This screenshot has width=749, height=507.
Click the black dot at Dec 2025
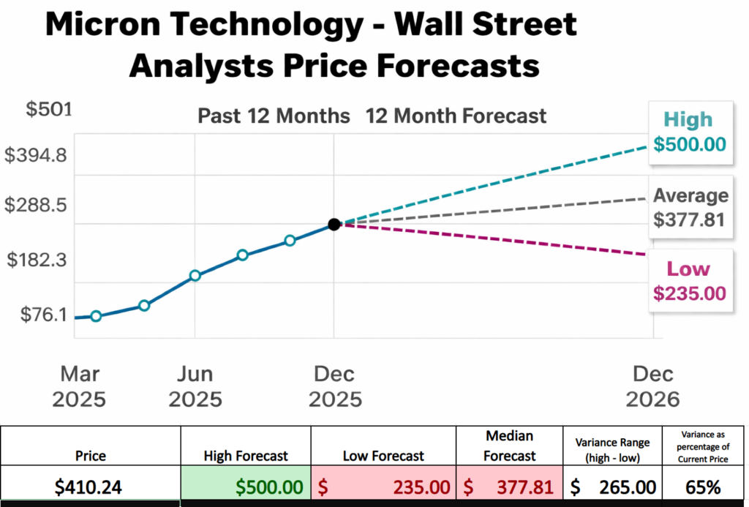click(x=334, y=225)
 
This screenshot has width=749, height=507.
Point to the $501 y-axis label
click(x=48, y=110)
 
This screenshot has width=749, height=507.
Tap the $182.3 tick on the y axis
click(x=40, y=260)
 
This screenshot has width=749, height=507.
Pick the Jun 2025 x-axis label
click(x=195, y=386)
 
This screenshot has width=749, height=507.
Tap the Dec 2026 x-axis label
click(x=653, y=386)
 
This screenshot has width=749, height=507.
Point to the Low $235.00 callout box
click(x=689, y=281)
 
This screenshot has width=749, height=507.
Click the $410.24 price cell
click(x=91, y=487)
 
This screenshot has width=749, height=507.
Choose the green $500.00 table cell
click(x=246, y=487)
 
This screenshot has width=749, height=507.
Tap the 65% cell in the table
click(x=704, y=487)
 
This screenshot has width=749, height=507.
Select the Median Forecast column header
click(x=510, y=446)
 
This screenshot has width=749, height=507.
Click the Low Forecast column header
click(x=383, y=456)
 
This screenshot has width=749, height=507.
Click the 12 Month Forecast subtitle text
click(x=456, y=116)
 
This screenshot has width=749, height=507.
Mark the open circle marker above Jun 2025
click(x=195, y=276)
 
